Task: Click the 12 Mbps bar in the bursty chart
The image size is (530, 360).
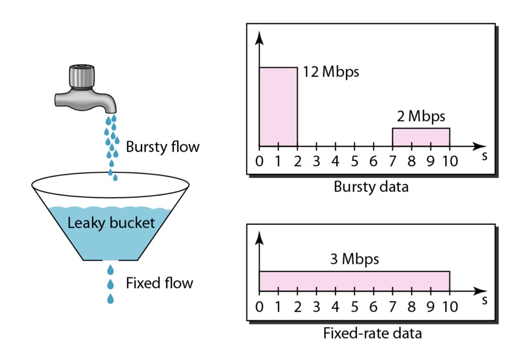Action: click(x=278, y=107)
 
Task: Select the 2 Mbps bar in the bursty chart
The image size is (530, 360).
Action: click(x=421, y=137)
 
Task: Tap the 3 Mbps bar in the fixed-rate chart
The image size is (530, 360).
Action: click(x=354, y=281)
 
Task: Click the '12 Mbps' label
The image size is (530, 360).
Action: click(x=331, y=72)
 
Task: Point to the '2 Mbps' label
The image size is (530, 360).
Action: click(x=421, y=116)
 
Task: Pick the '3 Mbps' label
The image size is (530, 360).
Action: click(x=354, y=259)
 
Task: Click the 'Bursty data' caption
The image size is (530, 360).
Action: click(x=371, y=187)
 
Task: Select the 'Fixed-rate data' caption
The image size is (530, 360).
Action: click(x=373, y=333)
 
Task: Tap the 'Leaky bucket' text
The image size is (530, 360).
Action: click(x=111, y=223)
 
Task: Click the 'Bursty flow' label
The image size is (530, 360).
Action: click(x=163, y=147)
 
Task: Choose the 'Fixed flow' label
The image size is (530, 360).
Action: click(x=160, y=283)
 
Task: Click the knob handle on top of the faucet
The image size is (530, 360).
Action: click(x=82, y=76)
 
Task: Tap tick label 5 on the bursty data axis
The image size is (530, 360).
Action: click(x=354, y=161)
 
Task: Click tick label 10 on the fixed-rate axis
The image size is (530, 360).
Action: click(x=450, y=307)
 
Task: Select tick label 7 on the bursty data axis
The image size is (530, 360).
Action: click(x=392, y=161)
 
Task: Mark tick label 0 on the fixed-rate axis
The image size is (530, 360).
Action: click(x=259, y=307)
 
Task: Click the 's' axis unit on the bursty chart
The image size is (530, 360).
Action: click(x=484, y=156)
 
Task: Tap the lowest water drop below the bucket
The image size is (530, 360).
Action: click(x=110, y=299)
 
